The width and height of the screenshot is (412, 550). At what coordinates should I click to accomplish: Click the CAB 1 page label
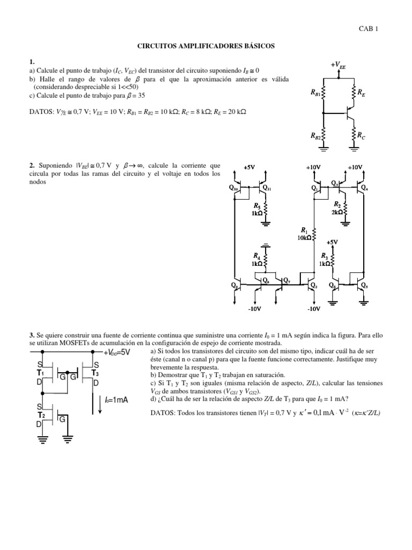[x=368, y=30]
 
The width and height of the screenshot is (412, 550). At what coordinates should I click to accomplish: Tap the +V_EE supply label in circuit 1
[x=338, y=66]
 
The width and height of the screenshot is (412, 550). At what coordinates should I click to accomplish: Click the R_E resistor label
[x=361, y=93]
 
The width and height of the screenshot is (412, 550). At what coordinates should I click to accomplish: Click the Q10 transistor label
[x=234, y=187]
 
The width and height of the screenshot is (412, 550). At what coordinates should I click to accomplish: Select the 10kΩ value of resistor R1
[x=304, y=237]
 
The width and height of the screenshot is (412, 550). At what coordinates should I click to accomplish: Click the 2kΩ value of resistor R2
[x=337, y=212]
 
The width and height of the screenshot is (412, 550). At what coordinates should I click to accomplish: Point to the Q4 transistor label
[x=364, y=187]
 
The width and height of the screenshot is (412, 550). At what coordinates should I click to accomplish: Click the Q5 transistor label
[x=364, y=285]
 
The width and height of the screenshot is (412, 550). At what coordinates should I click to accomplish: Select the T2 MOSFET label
[x=40, y=415]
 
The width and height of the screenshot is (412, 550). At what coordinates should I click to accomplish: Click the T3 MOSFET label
[x=95, y=372]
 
